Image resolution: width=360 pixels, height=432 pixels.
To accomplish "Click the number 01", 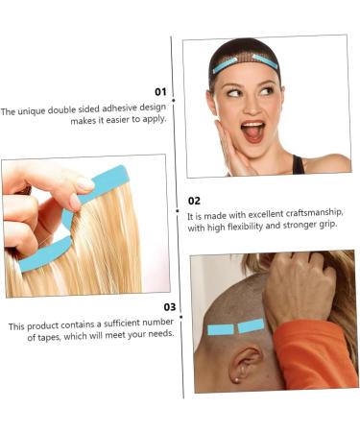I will (160, 92).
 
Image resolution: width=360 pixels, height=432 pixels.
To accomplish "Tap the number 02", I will (195, 201).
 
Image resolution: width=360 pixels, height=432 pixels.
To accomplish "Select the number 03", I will (169, 307).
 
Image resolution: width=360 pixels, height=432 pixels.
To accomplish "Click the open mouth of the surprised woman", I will (252, 131).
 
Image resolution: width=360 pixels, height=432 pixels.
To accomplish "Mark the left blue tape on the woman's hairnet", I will (226, 66).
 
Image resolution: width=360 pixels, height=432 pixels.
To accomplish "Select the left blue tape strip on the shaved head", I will (221, 330).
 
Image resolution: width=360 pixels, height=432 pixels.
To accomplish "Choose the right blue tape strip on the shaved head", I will (252, 325).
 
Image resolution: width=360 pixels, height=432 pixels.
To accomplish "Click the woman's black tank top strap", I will (300, 164).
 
